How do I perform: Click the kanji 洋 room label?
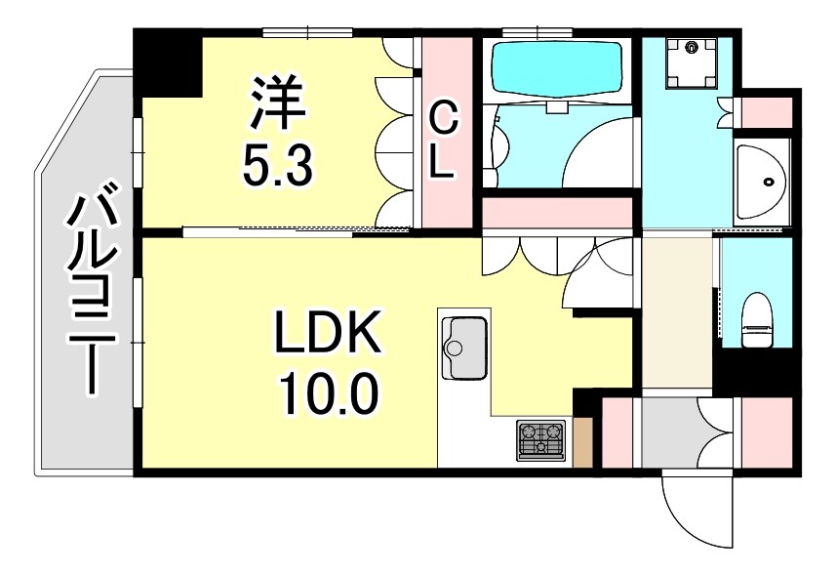[277, 104]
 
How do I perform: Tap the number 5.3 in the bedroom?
[277, 167]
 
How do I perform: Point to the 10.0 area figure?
[325, 395]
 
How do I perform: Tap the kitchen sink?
[463, 348]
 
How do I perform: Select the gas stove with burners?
[541, 439]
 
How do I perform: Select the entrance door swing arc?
[695, 512]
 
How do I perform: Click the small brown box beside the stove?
[583, 441]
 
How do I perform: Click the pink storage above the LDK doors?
[558, 213]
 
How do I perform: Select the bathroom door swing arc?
[600, 156]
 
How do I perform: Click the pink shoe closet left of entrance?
[617, 431]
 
